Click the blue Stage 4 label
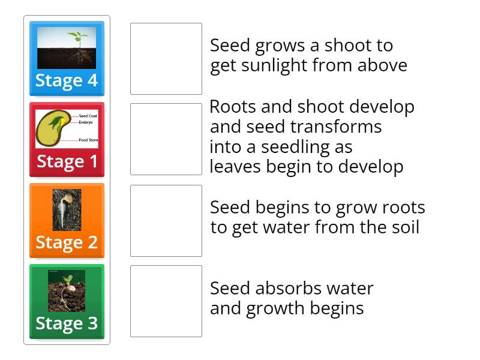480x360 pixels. [x=67, y=81]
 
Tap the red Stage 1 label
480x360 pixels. [x=67, y=161]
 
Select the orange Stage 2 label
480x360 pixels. [x=67, y=242]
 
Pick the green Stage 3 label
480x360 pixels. [x=67, y=323]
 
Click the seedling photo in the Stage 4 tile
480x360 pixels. [x=67, y=47]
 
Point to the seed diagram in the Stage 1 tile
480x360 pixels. [x=67, y=128]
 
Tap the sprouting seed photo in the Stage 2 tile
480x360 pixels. [x=67, y=209]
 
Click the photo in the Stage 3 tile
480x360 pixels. [x=67, y=290]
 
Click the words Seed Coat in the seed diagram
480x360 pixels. [x=88, y=115]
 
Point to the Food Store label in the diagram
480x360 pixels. [x=89, y=140]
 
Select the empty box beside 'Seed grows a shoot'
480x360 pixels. [x=166, y=59]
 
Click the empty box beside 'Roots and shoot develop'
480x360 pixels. [x=166, y=139]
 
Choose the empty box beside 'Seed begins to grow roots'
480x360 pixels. [x=166, y=221]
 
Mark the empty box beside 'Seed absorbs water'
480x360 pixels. [x=166, y=301]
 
